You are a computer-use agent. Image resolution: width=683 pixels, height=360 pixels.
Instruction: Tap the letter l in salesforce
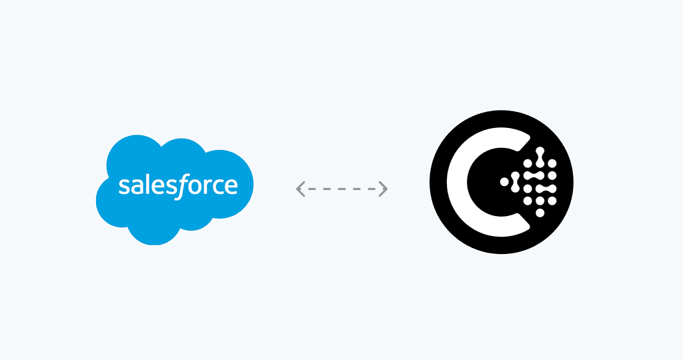(146, 185)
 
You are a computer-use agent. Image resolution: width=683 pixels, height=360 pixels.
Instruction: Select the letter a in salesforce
(137, 187)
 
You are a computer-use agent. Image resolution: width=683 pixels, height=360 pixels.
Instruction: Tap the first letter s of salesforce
(124, 187)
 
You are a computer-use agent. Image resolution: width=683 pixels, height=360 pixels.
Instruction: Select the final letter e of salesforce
(231, 187)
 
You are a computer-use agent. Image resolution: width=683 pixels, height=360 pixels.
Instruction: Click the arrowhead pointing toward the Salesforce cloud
(300, 189)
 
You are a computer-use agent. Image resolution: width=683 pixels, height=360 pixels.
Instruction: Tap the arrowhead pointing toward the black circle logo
(384, 189)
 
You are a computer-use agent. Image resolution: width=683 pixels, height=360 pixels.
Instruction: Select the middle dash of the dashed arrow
(342, 189)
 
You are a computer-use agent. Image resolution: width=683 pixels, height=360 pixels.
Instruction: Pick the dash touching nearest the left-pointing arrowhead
(312, 189)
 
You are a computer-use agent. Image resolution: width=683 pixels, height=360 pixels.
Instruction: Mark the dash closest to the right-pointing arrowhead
(372, 189)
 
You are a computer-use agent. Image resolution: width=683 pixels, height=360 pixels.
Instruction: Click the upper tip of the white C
(528, 137)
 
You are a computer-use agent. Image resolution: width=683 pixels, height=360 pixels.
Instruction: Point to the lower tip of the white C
(528, 227)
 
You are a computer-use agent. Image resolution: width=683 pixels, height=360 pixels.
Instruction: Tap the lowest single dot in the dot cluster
(540, 213)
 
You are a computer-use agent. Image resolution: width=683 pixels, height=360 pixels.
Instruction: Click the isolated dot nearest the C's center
(504, 182)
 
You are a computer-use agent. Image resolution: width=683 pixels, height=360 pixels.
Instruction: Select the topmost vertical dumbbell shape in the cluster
(540, 157)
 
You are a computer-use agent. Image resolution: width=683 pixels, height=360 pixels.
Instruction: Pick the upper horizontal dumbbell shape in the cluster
(534, 175)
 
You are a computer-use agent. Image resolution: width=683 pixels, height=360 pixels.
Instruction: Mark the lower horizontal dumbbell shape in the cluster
(546, 189)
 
